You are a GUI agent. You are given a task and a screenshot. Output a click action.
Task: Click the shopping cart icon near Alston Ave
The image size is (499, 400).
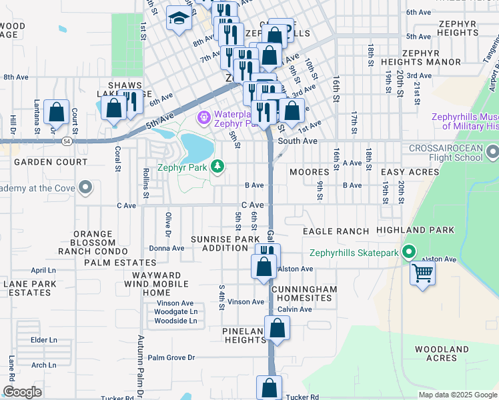click(423, 272)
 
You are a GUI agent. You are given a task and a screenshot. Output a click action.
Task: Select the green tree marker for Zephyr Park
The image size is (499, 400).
click(217, 167)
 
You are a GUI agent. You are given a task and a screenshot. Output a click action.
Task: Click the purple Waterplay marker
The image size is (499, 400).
click(203, 118)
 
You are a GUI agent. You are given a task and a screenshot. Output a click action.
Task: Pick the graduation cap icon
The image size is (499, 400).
click(178, 19)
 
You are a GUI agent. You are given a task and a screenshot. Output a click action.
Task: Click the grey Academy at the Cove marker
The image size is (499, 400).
click(85, 187)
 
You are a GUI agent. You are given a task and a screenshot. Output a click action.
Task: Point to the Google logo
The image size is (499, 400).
click(22, 392)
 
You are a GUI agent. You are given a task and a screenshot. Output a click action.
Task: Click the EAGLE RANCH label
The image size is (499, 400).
click(336, 231)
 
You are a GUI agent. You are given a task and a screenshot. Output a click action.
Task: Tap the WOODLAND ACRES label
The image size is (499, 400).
click(442, 353)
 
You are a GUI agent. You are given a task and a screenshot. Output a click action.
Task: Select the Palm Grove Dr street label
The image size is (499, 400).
click(171, 357)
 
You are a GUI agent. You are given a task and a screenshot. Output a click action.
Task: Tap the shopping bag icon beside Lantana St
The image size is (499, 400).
click(57, 113)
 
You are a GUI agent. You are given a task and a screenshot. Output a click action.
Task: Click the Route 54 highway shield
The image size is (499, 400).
click(67, 141)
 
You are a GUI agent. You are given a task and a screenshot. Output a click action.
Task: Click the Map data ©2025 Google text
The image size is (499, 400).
click(457, 395)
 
